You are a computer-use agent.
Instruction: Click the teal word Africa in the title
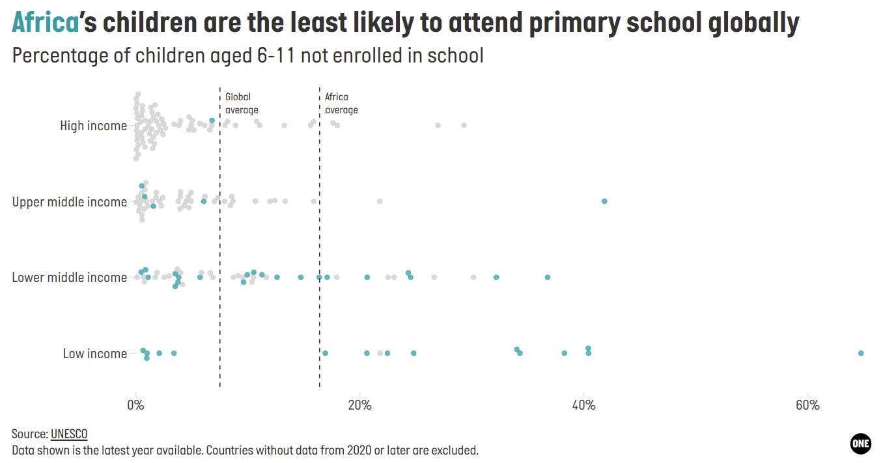tap(45, 23)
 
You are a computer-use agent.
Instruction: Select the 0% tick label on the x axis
tap(135, 405)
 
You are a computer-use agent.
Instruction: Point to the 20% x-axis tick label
tap(359, 405)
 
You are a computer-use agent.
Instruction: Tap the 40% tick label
tap(583, 405)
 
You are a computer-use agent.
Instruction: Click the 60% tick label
tap(807, 405)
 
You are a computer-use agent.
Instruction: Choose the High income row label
tap(93, 126)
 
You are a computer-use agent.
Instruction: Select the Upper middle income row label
tap(70, 202)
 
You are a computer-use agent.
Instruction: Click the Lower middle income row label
tap(70, 277)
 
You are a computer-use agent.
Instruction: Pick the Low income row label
tap(95, 354)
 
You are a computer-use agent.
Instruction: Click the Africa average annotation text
tap(341, 103)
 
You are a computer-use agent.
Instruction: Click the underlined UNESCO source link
tap(68, 434)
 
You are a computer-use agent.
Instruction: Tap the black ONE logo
tap(860, 443)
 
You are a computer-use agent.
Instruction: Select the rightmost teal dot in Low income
tap(861, 353)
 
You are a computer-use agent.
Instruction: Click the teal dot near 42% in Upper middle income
tap(604, 201)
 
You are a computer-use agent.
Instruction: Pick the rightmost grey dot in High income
tap(464, 125)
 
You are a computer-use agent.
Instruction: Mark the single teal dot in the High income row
tap(212, 120)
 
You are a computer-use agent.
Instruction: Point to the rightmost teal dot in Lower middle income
tap(548, 277)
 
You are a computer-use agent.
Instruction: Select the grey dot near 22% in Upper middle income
tap(380, 201)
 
